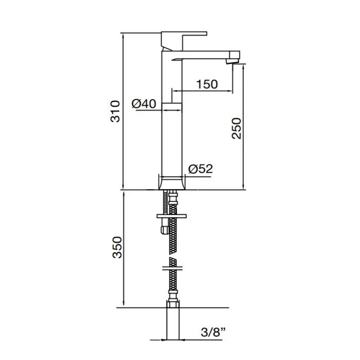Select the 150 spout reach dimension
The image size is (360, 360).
coord(207,84)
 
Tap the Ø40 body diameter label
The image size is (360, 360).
coord(144,104)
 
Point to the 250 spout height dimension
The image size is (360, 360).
coord(237,129)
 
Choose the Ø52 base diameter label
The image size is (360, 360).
coord(201,169)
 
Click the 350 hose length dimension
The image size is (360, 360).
coord(117,247)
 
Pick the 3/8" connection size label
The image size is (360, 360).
coord(213,332)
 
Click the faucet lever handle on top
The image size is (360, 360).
coord(184,41)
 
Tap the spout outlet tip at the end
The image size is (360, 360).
coord(232,61)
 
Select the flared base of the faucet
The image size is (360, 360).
coord(172,183)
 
